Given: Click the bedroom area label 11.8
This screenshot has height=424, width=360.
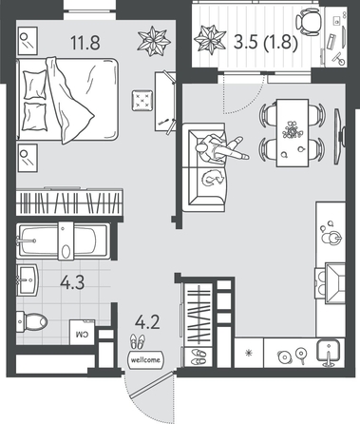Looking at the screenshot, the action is click(85, 43).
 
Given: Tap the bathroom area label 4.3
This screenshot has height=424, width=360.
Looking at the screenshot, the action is click(72, 282).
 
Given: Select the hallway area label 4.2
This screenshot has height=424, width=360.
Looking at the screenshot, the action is click(147, 322).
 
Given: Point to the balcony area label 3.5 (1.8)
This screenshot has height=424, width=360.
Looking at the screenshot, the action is click(265, 42).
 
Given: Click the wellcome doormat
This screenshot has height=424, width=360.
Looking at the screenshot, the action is click(145, 359).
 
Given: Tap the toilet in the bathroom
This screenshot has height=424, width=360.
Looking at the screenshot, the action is click(31, 321).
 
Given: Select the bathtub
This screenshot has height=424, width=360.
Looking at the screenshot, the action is click(64, 241).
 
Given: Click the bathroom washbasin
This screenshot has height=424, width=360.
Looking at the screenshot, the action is click(28, 279).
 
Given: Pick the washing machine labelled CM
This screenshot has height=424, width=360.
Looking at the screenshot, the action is click(82, 333).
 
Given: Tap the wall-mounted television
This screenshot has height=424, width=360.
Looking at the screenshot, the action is click(339, 136).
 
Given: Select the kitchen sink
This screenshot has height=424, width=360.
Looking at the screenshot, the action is click(329, 353).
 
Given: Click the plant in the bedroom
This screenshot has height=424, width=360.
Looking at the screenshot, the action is click(154, 42).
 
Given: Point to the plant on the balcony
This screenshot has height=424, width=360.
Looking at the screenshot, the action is click(209, 40).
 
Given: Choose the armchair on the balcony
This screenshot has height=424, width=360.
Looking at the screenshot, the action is click(308, 22).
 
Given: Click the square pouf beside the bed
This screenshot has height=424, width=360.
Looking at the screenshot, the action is click(142, 101).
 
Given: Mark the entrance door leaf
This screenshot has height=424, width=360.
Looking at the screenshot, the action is click(151, 384).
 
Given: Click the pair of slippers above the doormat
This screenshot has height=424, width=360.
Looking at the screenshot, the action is click(138, 341).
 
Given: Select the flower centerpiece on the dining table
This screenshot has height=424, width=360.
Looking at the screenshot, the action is click(291, 129).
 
